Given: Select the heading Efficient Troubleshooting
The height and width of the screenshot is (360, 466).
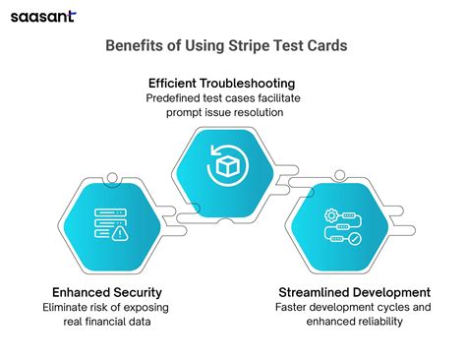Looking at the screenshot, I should (232, 83).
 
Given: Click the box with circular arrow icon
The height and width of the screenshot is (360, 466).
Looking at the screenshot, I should (229, 164).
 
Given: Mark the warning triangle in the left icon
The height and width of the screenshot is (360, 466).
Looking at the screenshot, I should (120, 234).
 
